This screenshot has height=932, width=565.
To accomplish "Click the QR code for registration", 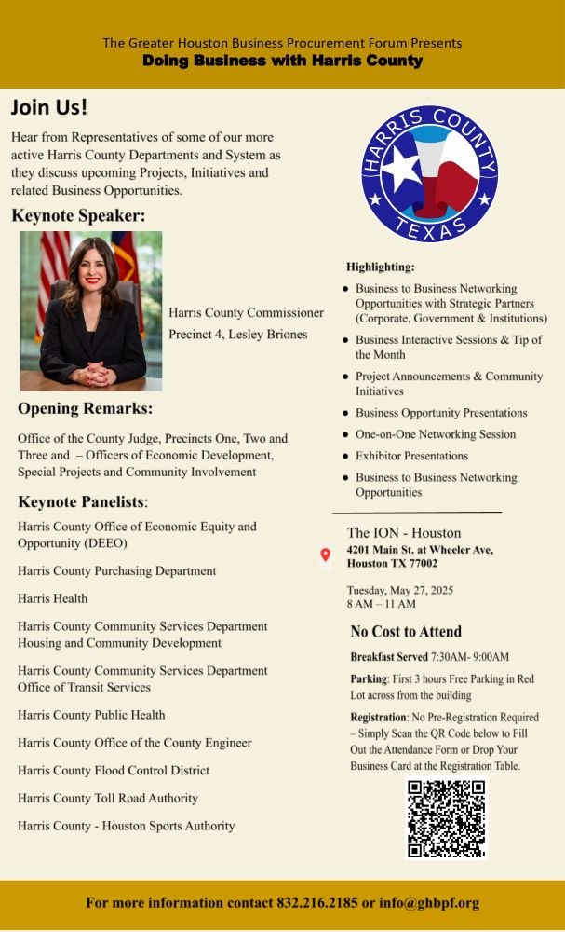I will [446, 817].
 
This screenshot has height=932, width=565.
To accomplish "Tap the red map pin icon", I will [326, 555].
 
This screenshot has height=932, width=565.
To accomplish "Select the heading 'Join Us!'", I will [49, 106].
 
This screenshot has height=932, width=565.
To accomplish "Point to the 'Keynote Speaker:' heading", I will [79, 216].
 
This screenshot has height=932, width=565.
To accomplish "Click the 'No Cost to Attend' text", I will [406, 631].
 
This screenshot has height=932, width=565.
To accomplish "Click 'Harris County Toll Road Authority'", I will [108, 798].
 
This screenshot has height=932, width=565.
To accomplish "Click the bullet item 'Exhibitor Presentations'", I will [411, 456].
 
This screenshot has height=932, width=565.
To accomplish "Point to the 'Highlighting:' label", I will [381, 267].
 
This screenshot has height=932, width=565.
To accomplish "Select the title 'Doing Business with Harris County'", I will [282, 61].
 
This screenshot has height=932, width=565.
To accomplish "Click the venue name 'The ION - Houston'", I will [404, 533].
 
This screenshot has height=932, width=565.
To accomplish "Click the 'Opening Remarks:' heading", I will [86, 409].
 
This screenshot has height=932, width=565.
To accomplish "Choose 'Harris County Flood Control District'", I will [114, 770].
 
